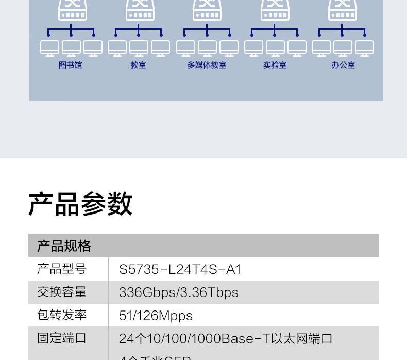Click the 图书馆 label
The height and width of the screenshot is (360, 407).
coord(70,66)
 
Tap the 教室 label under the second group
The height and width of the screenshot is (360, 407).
coord(138,66)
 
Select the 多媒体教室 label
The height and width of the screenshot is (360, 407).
coord(207,66)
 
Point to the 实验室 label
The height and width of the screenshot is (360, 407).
coord(275,66)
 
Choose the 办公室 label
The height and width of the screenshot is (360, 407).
coord(343,66)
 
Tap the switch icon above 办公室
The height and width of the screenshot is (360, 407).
coord(343,9)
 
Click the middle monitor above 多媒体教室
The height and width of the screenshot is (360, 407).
coord(207,48)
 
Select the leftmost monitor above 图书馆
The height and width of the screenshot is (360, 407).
coord(50,48)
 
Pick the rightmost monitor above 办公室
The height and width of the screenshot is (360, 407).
coord(365,48)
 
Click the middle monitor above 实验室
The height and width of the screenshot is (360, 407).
coord(275,48)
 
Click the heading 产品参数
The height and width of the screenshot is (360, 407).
coord(80,204)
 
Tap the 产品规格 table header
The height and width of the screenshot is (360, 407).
coord(64,246)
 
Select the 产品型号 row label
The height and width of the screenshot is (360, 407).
coord(62,269)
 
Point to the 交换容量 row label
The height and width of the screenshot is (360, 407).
coord(62,292)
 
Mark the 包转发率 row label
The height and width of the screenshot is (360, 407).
coord(62,315)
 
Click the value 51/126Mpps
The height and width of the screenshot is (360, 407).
coord(156,316)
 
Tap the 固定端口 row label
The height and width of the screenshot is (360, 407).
coord(62,338)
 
